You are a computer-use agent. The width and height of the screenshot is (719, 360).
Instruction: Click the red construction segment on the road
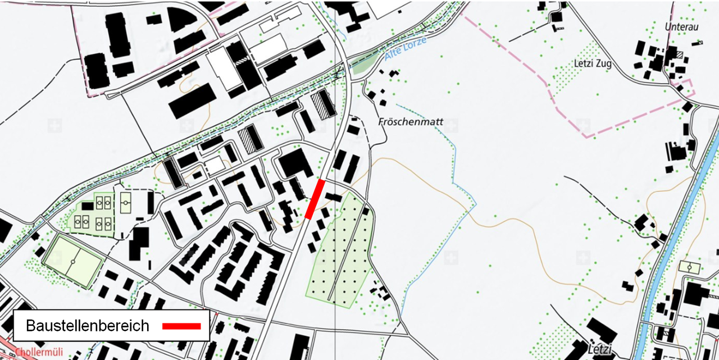pos(315,199)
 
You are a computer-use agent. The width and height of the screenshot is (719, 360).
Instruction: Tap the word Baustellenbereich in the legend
pos(88,326)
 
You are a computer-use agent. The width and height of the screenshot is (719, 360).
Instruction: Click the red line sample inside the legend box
pos(181,326)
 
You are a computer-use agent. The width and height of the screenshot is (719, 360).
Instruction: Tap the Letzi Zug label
pos(592,63)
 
